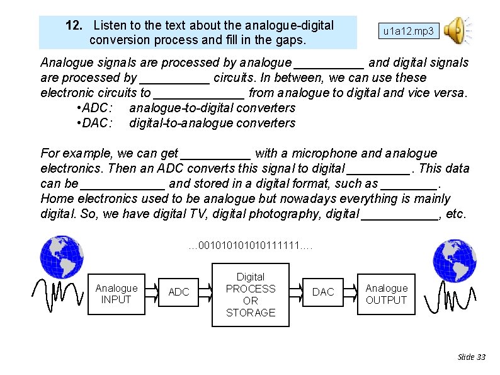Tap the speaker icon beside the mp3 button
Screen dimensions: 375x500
(x=458, y=30)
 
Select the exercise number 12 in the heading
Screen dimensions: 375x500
(x=74, y=26)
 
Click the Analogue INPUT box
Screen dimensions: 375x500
(x=116, y=294)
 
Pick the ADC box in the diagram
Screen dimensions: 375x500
(x=179, y=292)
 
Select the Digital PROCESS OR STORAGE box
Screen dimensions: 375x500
(x=251, y=294)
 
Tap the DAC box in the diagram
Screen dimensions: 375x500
(x=323, y=292)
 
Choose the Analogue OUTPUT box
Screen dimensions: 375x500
(x=387, y=294)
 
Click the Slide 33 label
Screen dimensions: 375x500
(x=471, y=357)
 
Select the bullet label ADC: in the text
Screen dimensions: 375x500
(x=97, y=108)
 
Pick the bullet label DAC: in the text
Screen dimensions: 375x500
(x=97, y=123)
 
